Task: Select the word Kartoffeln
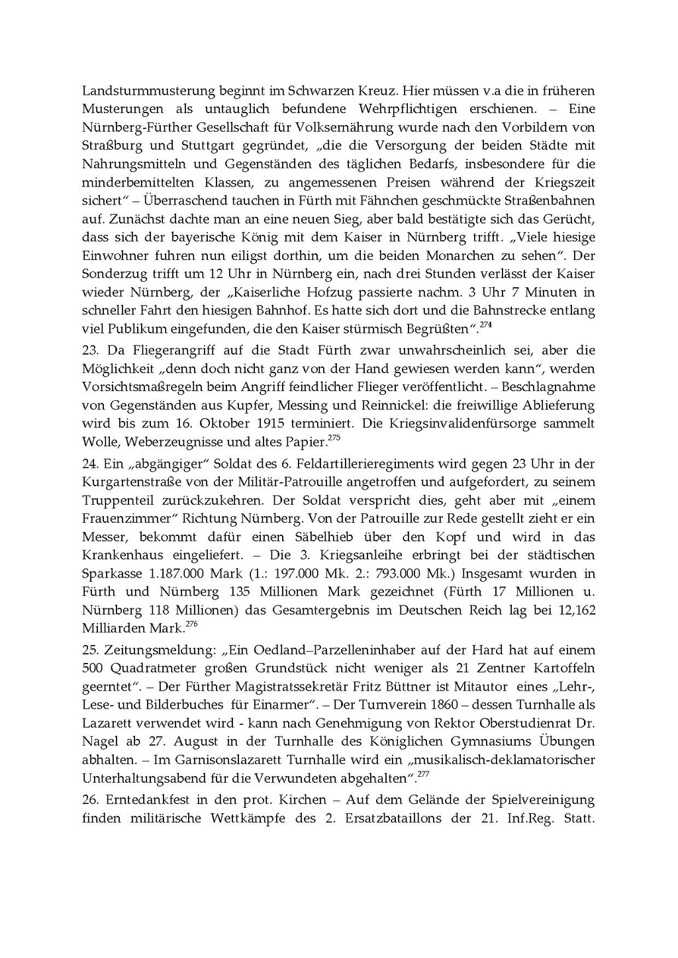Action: (563, 668)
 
